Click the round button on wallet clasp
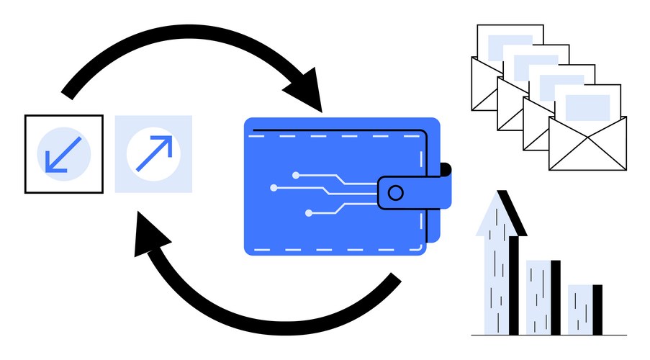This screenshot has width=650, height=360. tap(394, 192)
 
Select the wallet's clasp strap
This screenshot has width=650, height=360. tap(414, 192)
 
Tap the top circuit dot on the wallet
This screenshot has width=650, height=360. tap(296, 174)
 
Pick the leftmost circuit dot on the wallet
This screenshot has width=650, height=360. tap(274, 188)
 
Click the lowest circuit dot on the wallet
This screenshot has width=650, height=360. tap(309, 213)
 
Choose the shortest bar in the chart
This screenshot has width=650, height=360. tap(584, 310)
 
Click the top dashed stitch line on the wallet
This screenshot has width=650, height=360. tap(338, 135)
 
